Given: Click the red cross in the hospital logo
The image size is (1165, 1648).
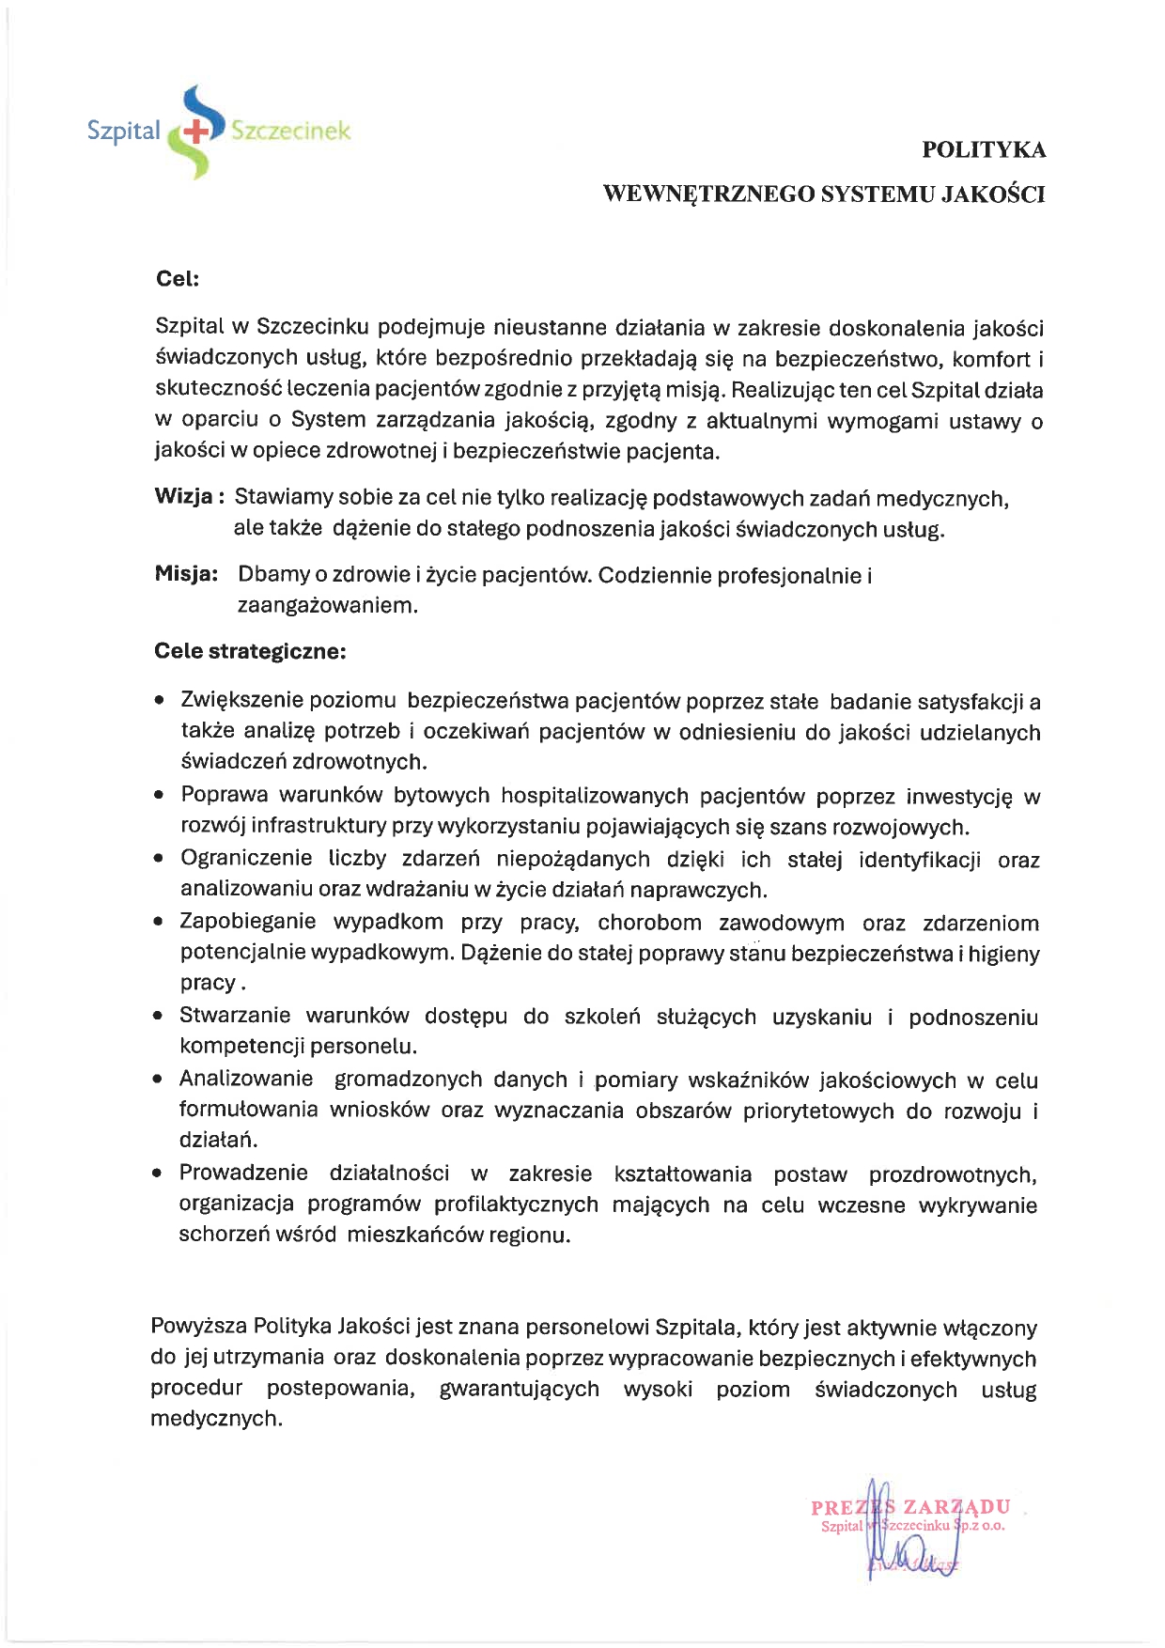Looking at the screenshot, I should [196, 132].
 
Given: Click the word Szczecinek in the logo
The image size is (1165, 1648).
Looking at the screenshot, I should [290, 131].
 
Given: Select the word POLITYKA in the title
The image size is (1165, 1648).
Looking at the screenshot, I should [984, 150].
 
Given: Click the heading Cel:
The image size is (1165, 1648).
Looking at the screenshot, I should [177, 279].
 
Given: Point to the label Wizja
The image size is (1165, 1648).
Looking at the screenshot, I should [184, 497].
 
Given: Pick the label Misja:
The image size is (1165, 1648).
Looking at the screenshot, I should [186, 574].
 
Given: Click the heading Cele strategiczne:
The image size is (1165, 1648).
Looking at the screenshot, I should [250, 651].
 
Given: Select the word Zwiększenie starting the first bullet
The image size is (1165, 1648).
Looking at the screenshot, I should [241, 700].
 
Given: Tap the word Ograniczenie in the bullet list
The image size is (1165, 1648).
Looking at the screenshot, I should [246, 859].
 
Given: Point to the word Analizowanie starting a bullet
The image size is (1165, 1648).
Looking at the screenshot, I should [246, 1079].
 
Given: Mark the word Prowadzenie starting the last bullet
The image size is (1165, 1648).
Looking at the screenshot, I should [243, 1173].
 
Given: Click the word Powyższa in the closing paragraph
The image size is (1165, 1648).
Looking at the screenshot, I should [198, 1327].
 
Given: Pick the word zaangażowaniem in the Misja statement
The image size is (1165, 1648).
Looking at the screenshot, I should [327, 605].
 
